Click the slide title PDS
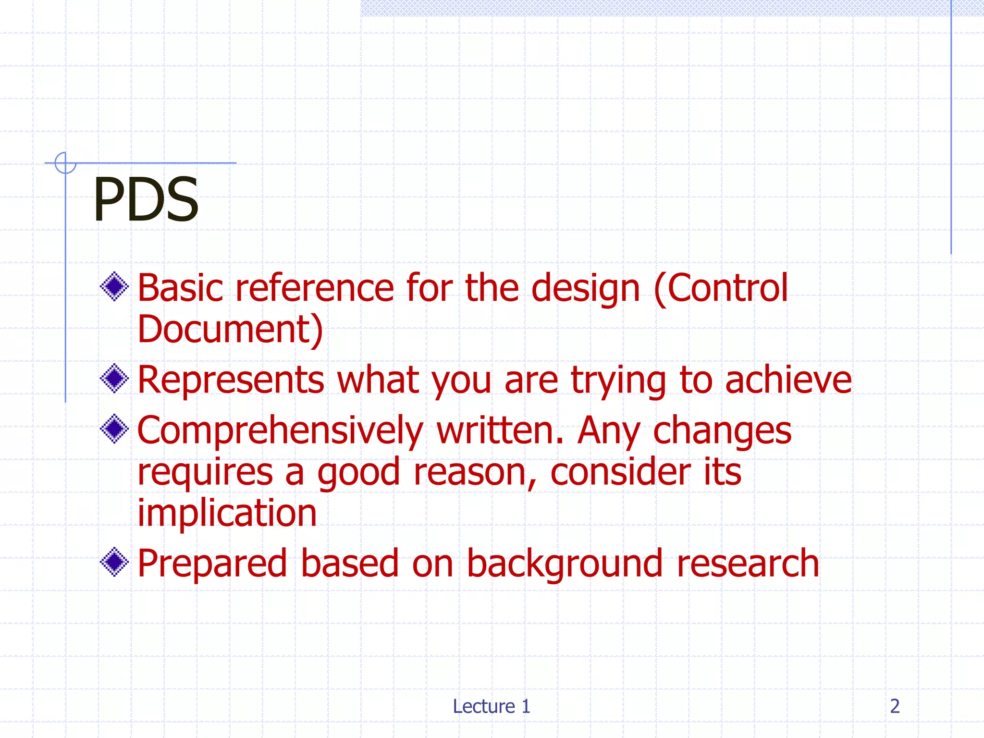146,199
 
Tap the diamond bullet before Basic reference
114,287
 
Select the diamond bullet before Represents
114,379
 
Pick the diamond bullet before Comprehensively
114,429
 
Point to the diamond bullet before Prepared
114,562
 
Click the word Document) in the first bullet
230,330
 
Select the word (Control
721,288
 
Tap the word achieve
788,380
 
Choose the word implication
227,513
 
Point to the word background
565,564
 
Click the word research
748,564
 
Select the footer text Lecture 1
492,706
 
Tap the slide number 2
895,706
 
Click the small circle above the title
65,163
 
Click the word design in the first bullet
585,288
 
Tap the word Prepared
212,564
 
